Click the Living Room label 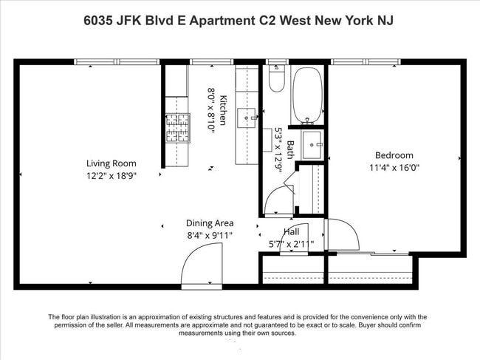click(112, 163)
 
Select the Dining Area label click(210, 223)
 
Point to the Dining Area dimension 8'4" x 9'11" click(210, 235)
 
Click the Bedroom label click(394, 155)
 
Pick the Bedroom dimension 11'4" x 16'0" click(394, 167)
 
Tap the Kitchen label click(222, 110)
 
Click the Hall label click(292, 232)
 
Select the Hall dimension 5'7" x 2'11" click(291, 243)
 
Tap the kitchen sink click(247, 115)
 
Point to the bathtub click(306, 95)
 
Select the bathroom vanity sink click(312, 144)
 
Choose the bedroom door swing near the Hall click(340, 236)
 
